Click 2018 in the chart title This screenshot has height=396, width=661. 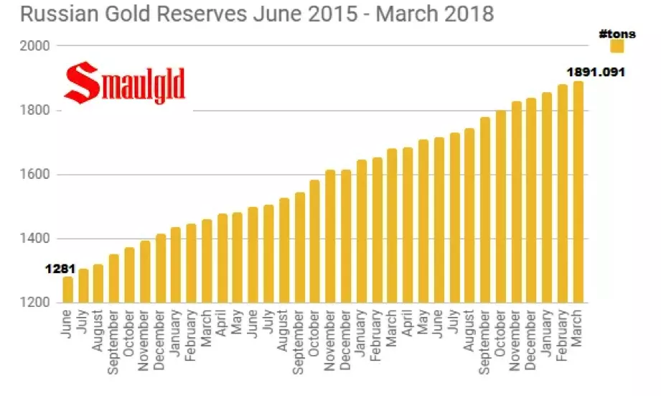pyautogui.click(x=468, y=14)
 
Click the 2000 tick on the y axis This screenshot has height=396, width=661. pyautogui.click(x=34, y=46)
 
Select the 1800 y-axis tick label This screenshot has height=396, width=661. pyautogui.click(x=34, y=111)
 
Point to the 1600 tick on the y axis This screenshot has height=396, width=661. pyautogui.click(x=34, y=175)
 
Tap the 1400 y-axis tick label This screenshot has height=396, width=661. pyautogui.click(x=34, y=239)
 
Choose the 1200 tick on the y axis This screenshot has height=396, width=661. pyautogui.click(x=34, y=303)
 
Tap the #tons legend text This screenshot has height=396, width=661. pyautogui.click(x=617, y=34)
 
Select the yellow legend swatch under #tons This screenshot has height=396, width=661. pyautogui.click(x=617, y=47)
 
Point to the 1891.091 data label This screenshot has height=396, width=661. pyautogui.click(x=596, y=72)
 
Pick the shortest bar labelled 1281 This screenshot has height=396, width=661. pyautogui.click(x=67, y=290)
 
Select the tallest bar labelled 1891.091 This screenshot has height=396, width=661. pyautogui.click(x=578, y=192)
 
